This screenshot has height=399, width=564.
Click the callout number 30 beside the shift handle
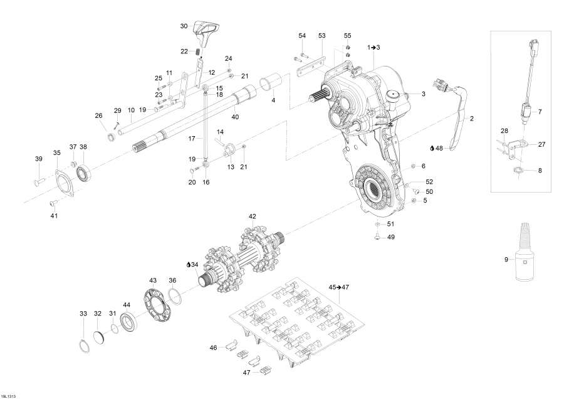(184, 26)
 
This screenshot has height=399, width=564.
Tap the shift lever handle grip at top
(206, 28)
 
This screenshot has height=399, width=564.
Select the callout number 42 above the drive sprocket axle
(253, 216)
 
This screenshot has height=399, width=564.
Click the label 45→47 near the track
(339, 287)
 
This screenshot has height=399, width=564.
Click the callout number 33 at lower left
(83, 313)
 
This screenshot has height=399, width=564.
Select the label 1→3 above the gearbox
(374, 47)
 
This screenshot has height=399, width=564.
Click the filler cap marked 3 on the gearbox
(395, 95)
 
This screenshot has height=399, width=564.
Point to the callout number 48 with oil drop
(437, 149)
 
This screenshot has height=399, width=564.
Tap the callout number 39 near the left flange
(38, 159)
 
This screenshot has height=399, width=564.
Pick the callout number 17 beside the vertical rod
(192, 137)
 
